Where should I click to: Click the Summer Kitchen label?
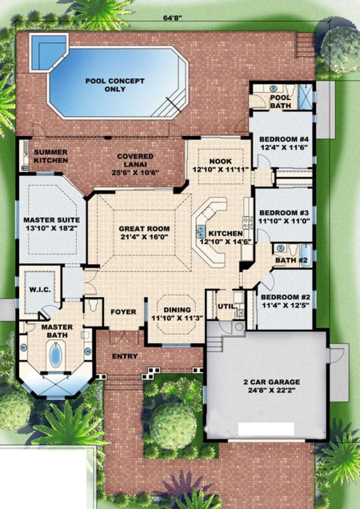point(51,156)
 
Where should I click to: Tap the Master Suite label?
point(52,220)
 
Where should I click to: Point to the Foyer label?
point(123,311)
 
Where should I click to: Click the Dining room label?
point(177,310)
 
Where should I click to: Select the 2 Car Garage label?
point(268,382)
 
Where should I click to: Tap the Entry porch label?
point(125,356)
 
